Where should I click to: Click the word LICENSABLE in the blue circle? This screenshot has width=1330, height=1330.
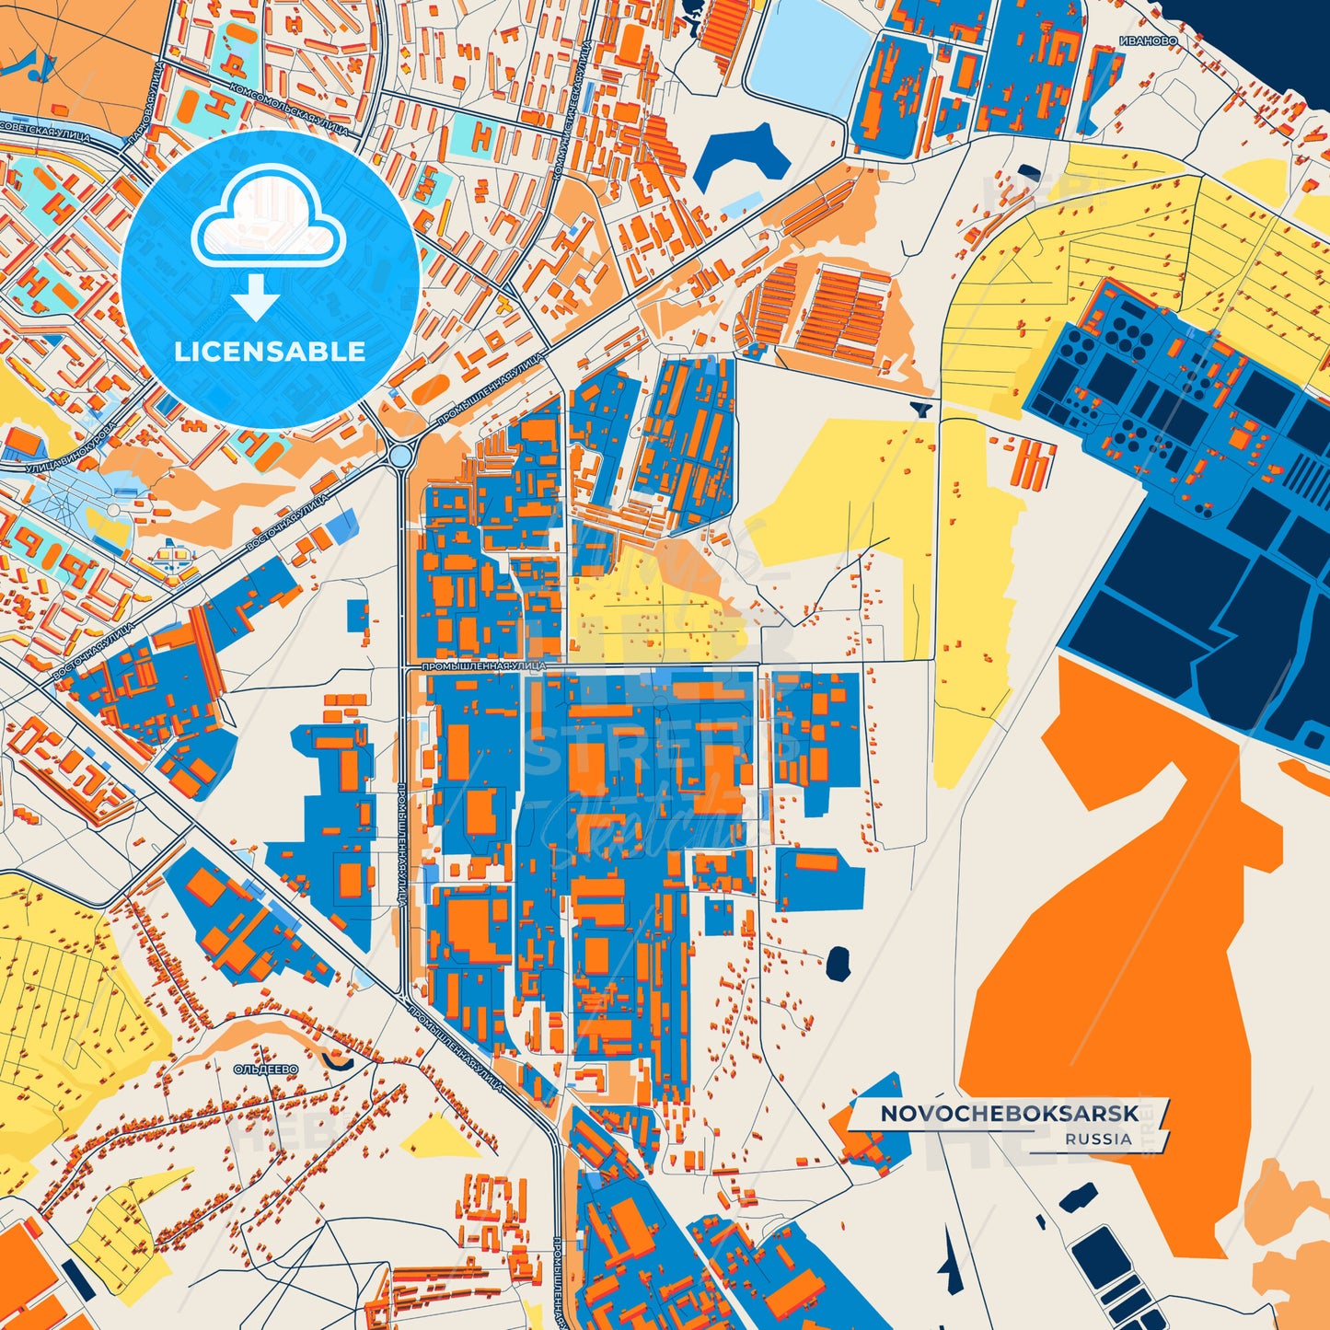[x=270, y=352]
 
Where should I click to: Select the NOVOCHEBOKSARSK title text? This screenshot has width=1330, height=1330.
[x=1009, y=1114]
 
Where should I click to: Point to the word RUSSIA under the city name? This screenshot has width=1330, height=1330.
[x=1099, y=1139]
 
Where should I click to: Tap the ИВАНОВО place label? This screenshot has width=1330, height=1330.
[x=1149, y=40]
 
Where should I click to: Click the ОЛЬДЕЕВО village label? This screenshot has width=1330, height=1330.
[x=266, y=1069]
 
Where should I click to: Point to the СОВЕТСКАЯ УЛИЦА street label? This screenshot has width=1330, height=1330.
[x=46, y=130]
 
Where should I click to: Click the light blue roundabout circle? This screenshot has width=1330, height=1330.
[x=400, y=455]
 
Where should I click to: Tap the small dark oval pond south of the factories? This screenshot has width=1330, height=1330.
[x=838, y=963]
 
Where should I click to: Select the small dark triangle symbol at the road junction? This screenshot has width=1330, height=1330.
[x=921, y=408]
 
